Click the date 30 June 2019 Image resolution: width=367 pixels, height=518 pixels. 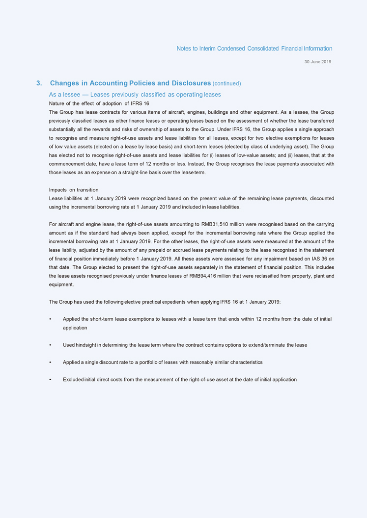pyautogui.click(x=318, y=62)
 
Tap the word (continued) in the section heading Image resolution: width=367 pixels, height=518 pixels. pyautogui.click(x=226, y=83)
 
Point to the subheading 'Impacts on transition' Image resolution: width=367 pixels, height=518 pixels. pyautogui.click(x=74, y=190)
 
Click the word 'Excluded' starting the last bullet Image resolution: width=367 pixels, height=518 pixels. pyautogui.click(x=73, y=379)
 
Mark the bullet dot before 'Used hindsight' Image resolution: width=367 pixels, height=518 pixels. pyautogui.click(x=51, y=345)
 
